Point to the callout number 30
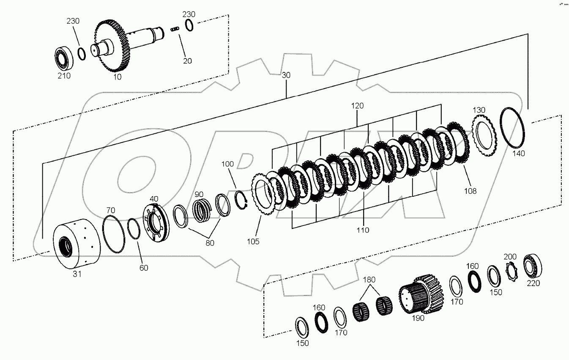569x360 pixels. pos(286,75)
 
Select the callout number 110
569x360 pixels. pos(363,230)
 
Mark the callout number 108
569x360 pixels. pos(470,191)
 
